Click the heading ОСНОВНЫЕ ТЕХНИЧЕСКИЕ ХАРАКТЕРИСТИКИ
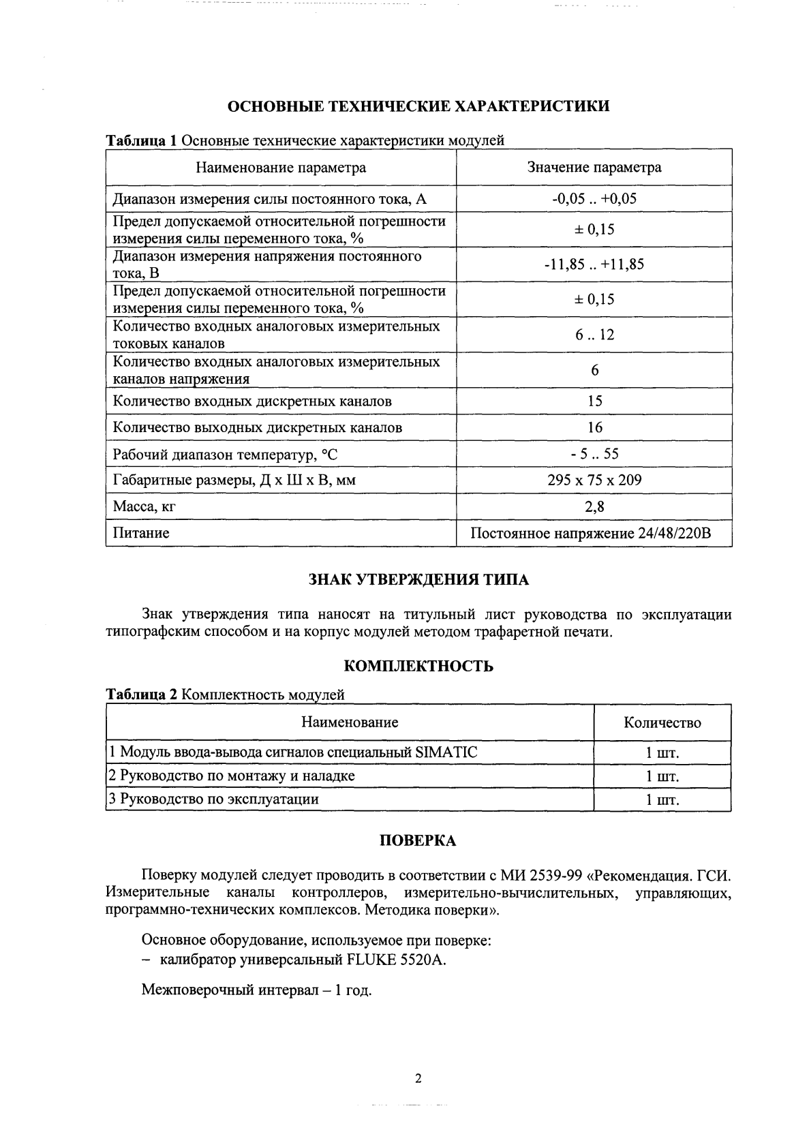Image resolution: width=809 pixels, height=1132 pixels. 418,106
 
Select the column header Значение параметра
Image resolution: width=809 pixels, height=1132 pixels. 594,168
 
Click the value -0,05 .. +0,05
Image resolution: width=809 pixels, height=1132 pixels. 594,199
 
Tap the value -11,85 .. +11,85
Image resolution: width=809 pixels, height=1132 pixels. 594,264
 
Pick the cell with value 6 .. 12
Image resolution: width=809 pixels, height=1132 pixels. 594,335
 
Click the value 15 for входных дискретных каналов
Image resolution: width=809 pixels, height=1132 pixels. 594,401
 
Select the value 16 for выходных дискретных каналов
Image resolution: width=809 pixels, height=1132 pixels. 594,427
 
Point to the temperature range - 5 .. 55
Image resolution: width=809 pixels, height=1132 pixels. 594,454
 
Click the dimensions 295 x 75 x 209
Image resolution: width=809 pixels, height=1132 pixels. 594,480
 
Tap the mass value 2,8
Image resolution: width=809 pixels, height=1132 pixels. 594,506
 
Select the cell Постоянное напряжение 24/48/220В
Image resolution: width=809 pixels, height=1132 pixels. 591,533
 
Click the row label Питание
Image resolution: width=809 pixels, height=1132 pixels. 141,533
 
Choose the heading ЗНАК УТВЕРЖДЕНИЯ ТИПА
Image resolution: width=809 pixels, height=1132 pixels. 418,580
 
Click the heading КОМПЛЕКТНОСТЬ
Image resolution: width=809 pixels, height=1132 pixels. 418,667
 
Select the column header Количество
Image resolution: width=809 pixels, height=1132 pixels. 662,723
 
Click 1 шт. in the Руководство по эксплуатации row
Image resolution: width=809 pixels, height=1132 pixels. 662,800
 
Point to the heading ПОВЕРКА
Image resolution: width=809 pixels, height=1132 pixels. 417,841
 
